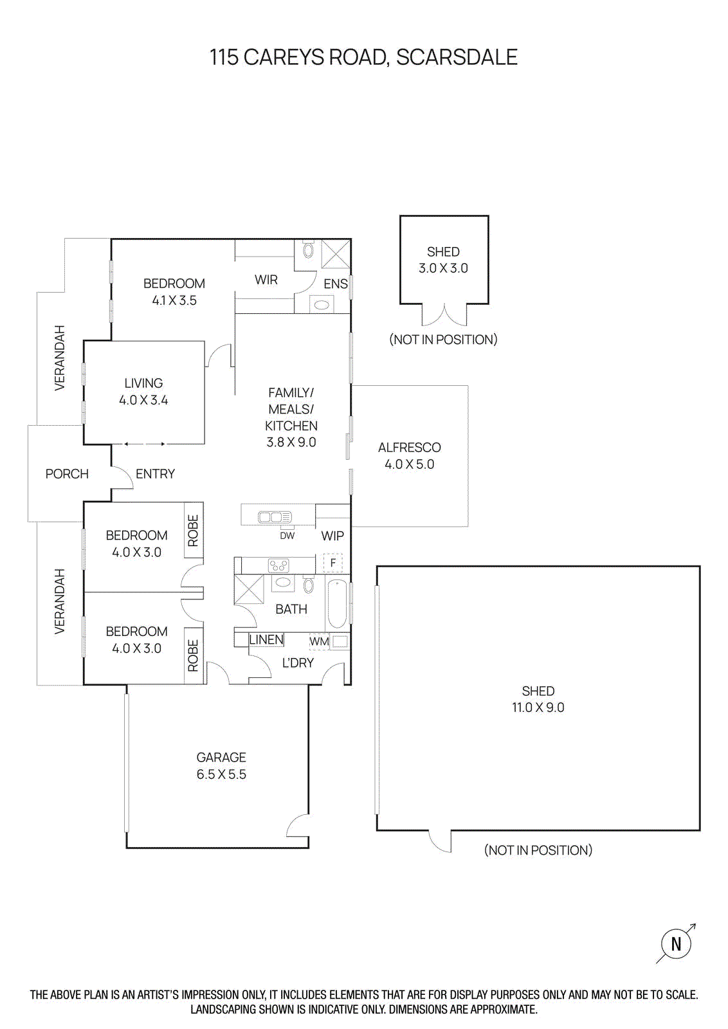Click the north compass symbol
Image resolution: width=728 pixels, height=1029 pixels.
pos(676,944)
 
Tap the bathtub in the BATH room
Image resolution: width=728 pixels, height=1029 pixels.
pos(337,604)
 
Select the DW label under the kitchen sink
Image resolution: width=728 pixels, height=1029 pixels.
pos(287,536)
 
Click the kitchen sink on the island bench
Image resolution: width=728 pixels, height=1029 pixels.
pos(275,517)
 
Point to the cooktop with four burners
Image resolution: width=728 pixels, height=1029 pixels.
pos(278,566)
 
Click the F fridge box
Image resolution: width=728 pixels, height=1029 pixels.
pos(332,563)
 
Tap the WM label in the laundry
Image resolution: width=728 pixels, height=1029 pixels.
pos(318,641)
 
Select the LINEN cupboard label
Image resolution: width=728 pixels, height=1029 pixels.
pos(266,639)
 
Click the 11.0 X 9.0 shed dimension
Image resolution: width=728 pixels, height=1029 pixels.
pos(538,707)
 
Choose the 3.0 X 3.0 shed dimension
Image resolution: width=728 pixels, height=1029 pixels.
pos(443,268)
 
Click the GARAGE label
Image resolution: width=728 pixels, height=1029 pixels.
pos(221,757)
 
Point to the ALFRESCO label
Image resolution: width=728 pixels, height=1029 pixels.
pos(409,447)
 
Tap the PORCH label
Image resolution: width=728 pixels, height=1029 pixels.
pos(67,474)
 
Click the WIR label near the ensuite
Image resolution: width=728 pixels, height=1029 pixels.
pos(266,280)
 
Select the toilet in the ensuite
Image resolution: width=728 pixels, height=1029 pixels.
pos(308,250)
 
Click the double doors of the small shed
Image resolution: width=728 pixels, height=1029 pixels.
pos(444,316)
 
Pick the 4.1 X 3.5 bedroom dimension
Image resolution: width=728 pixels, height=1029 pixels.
pos(174,300)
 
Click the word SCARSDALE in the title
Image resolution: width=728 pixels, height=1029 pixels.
pos(457,57)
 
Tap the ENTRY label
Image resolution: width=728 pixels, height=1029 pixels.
pos(155,474)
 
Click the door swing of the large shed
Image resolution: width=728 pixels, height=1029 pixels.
pos(441,842)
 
